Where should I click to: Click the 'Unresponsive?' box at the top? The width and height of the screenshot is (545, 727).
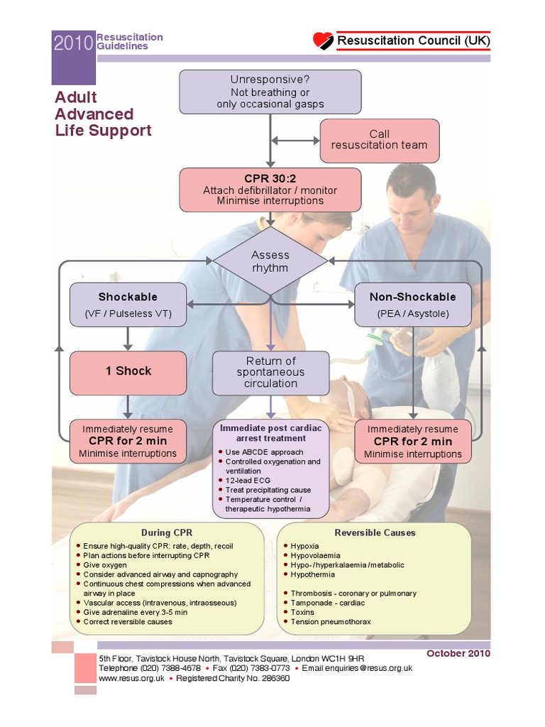270,92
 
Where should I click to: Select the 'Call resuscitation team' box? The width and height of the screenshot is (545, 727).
379,139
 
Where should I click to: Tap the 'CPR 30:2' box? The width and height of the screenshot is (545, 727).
270,190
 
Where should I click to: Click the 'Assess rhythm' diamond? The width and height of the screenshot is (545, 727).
270,261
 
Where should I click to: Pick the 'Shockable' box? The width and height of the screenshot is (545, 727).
128,305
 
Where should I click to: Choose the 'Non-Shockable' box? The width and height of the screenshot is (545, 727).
412,305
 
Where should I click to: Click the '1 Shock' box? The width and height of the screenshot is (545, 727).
128,371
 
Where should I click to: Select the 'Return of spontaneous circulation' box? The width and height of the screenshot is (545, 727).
270,372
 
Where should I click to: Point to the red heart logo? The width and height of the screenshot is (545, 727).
323,40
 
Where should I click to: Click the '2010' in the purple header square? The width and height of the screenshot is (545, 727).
73,44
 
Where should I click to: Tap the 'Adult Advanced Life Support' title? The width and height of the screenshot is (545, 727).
103,114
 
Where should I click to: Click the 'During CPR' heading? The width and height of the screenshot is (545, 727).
167,532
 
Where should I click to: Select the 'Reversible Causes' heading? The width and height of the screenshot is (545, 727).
375,532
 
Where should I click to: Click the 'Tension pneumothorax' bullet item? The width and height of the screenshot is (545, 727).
331,622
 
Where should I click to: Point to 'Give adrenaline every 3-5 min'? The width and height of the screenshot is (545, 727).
136,612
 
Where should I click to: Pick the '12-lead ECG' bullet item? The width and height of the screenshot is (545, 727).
248,481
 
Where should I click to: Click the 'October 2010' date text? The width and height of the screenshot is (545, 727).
458,653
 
